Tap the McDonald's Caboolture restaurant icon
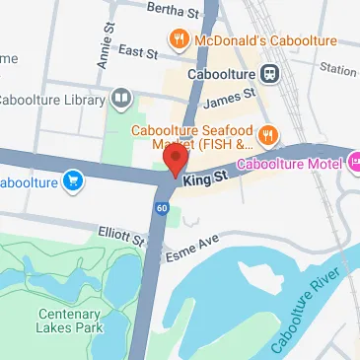point(179,40)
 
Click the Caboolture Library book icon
point(120,97)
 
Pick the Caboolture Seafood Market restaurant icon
point(268,134)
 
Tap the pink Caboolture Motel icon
point(353,157)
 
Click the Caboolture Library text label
point(53,98)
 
